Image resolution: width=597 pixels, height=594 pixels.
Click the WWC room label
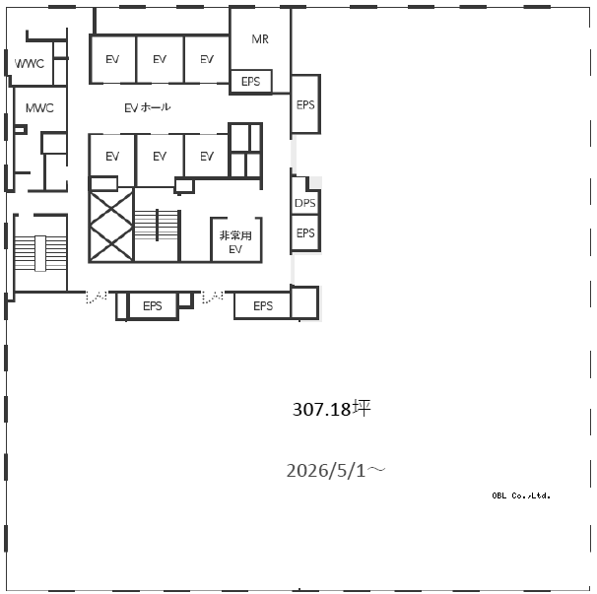[30, 63]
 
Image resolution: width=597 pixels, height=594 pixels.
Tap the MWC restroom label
[39, 108]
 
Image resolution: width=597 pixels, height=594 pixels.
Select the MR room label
[260, 38]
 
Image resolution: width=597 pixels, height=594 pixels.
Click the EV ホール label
[148, 107]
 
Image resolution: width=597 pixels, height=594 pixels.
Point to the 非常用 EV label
[235, 242]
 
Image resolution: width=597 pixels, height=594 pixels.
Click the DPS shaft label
[305, 203]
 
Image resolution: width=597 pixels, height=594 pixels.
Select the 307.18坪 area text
[331, 409]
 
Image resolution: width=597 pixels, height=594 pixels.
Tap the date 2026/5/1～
[336, 471]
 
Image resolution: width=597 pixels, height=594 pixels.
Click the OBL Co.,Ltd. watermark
[521, 495]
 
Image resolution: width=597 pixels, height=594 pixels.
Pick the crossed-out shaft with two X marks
[111, 227]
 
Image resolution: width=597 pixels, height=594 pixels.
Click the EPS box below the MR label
[251, 82]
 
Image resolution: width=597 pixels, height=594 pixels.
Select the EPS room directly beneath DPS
[305, 232]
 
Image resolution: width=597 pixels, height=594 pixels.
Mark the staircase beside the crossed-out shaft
[157, 225]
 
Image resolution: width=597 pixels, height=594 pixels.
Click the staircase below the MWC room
[40, 253]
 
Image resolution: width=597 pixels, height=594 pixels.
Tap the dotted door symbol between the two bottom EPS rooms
[213, 297]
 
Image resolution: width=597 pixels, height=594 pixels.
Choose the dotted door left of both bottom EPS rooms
[97, 297]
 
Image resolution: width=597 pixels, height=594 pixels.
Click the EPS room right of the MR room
[305, 104]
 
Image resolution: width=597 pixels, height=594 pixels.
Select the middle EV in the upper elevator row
[160, 59]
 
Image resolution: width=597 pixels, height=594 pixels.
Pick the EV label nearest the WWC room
[112, 59]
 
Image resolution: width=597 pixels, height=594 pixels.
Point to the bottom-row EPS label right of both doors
[263, 305]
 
